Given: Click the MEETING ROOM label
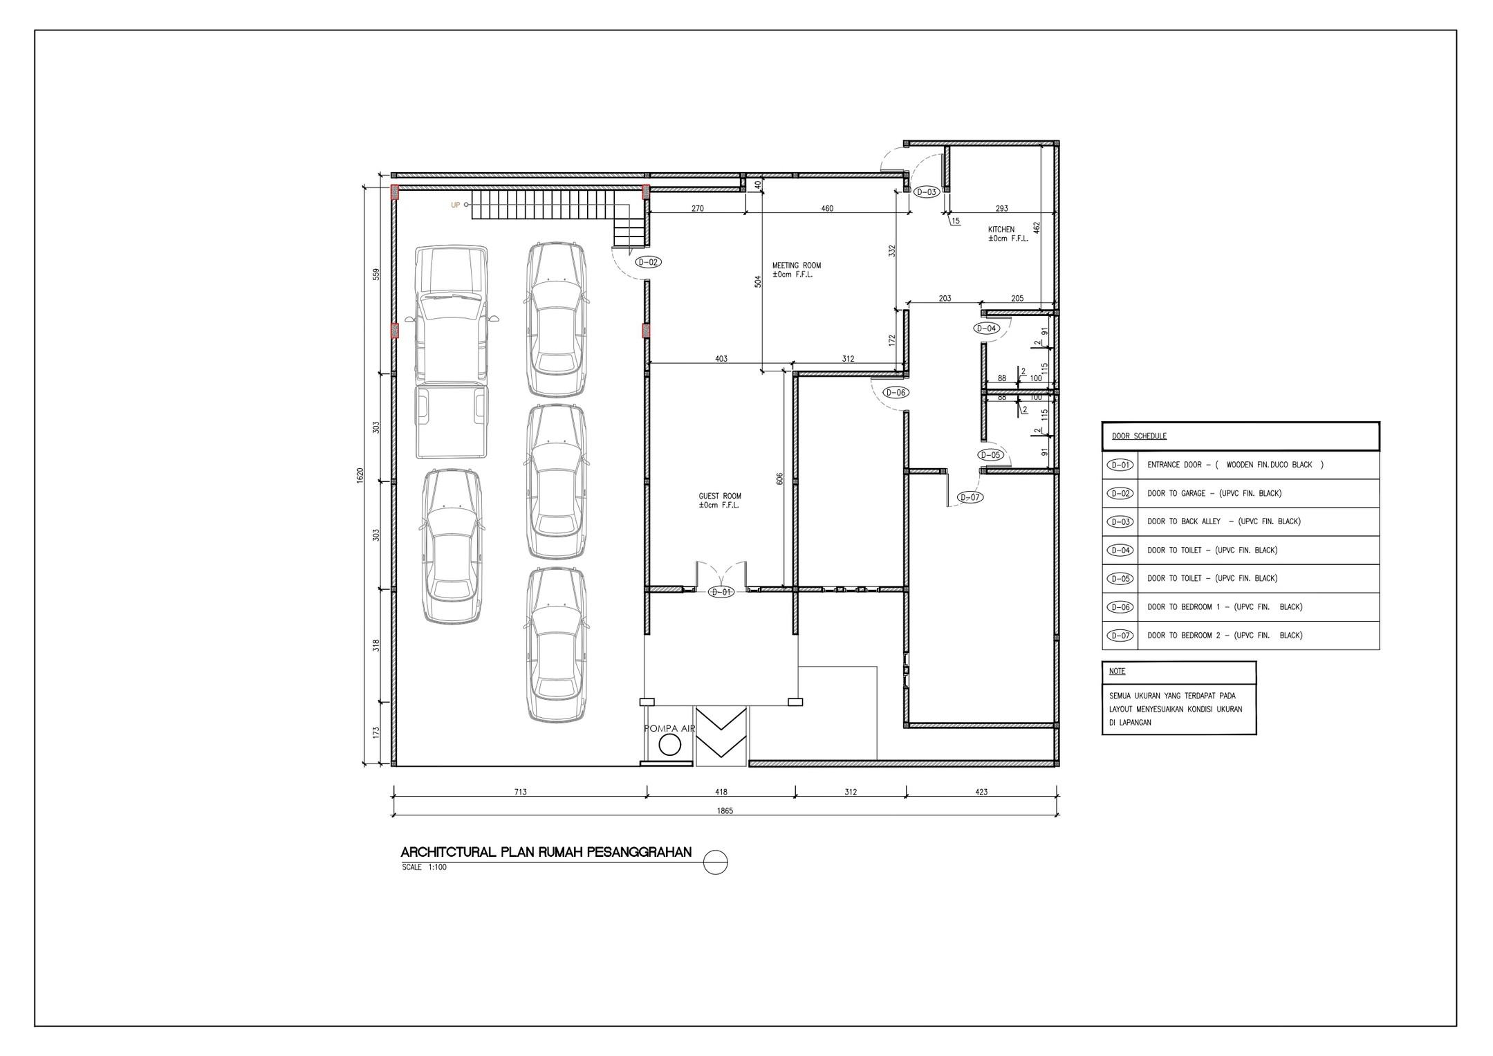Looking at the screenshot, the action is [797, 266].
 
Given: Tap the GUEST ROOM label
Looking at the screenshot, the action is [720, 496].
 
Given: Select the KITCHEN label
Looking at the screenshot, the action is [1001, 230].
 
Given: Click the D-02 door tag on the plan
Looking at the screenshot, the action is [648, 262].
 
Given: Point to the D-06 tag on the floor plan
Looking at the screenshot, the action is [896, 393].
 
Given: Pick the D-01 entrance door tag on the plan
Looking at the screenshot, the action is [721, 592].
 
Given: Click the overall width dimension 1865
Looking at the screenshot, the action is [725, 810].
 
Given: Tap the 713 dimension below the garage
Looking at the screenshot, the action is [520, 792].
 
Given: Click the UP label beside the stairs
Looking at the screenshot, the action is [456, 205].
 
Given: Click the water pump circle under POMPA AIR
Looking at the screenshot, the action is [669, 745].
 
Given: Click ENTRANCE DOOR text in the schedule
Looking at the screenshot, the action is [1174, 465].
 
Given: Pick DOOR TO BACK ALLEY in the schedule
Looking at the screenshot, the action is [1184, 521].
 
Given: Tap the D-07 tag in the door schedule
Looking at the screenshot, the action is [1120, 636].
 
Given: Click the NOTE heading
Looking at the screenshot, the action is [1117, 671].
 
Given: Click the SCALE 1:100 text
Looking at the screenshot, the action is [424, 867].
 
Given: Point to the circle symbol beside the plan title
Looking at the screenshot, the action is [716, 862].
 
